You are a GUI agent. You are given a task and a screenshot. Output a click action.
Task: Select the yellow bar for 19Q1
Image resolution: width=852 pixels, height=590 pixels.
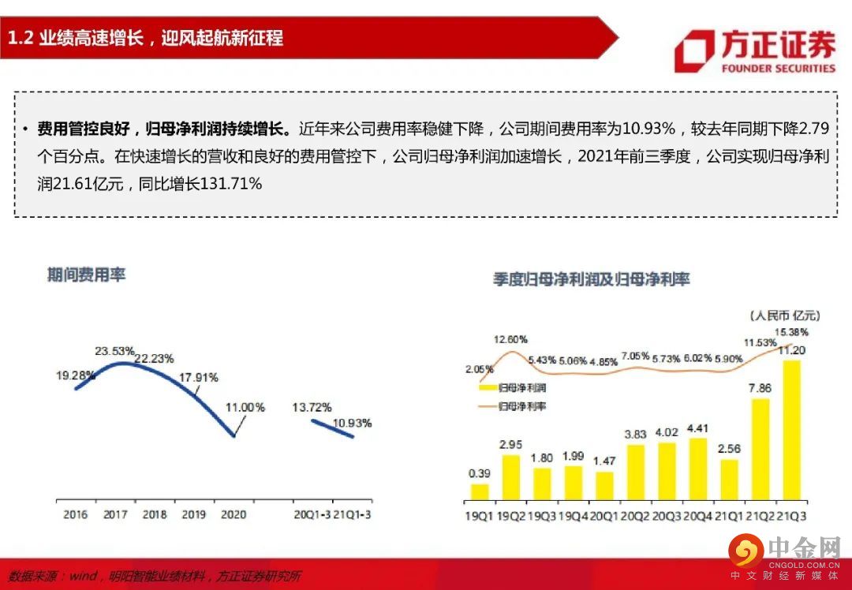pos(480,492)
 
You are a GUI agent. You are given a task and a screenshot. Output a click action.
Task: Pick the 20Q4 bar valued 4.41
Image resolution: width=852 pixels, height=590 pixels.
pos(697,469)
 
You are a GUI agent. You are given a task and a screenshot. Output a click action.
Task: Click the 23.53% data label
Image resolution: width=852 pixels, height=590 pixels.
pos(115,350)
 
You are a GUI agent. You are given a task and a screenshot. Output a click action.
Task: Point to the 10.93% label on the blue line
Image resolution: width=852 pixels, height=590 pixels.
pos(352,423)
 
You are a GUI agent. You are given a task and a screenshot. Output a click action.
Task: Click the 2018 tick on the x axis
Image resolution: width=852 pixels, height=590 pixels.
pos(155,514)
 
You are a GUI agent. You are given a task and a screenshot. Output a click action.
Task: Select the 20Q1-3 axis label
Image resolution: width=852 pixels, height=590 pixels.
pos(312,514)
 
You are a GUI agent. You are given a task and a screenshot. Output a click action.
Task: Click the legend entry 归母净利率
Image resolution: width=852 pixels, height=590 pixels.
pos(522,406)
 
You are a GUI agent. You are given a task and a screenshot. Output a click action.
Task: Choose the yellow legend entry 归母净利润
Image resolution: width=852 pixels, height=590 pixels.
pos(522,389)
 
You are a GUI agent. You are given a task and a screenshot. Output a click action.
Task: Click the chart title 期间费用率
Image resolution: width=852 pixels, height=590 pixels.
pos(86,275)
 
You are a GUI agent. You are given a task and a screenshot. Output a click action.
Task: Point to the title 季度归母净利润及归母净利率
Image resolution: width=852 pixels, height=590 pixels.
pos(592,279)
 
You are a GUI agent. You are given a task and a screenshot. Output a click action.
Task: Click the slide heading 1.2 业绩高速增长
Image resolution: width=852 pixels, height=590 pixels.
pos(146,37)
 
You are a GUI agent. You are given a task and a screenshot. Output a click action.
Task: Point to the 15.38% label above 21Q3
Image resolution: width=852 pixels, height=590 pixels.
pos(791,332)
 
